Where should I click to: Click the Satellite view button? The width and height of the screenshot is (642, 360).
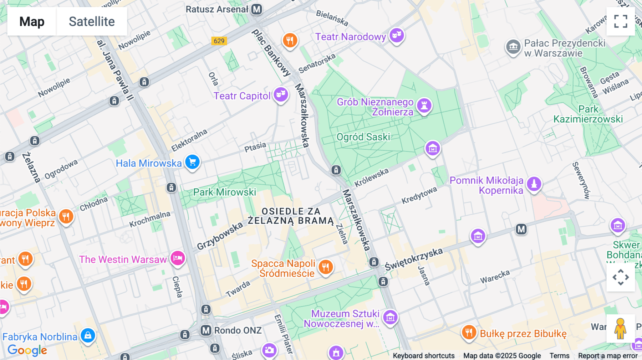(92, 21)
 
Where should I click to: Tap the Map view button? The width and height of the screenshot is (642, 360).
(32, 21)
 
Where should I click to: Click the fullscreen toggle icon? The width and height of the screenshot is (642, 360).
(621, 21)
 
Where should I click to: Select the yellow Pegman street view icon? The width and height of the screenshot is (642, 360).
(621, 329)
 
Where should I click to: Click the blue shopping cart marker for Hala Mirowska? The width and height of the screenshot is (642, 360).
(192, 162)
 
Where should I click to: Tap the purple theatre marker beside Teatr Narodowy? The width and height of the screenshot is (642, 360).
(397, 35)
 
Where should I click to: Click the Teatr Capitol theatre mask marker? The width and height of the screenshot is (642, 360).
(281, 94)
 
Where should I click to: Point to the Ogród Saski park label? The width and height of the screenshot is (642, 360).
(363, 137)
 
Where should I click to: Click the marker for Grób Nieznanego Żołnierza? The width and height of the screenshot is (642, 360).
(424, 106)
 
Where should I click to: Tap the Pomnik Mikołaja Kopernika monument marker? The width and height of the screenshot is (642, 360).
(534, 184)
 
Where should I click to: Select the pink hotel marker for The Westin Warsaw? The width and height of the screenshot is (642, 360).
(178, 258)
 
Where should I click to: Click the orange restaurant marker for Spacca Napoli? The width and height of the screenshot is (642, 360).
(325, 267)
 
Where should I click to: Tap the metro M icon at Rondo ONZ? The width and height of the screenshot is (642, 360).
(206, 330)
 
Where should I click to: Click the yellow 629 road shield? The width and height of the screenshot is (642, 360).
(219, 41)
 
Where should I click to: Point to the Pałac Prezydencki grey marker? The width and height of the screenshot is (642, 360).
(513, 47)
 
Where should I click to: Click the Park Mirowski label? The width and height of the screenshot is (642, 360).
(224, 192)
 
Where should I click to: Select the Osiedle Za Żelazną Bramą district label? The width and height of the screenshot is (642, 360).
(291, 216)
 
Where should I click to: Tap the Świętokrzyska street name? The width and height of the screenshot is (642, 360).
(414, 259)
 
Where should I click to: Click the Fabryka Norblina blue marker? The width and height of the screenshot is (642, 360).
(88, 335)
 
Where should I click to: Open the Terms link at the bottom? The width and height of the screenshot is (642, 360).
(559, 355)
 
